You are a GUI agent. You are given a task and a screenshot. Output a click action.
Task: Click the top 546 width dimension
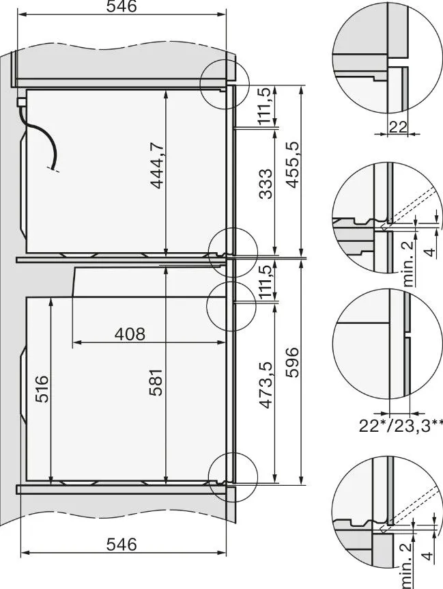[122, 6]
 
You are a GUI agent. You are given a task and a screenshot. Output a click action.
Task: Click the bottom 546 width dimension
[122, 544]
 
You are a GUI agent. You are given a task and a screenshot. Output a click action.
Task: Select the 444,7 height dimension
[157, 165]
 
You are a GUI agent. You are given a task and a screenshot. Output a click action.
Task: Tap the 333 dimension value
[266, 184]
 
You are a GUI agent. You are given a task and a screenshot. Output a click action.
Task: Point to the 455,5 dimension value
[293, 164]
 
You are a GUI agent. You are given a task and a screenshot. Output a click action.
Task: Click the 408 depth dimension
[130, 334]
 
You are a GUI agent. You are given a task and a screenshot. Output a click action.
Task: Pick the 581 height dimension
[156, 383]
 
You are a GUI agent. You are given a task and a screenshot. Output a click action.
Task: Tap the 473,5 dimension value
[266, 385]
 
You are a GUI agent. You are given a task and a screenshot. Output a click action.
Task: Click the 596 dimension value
[293, 363]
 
